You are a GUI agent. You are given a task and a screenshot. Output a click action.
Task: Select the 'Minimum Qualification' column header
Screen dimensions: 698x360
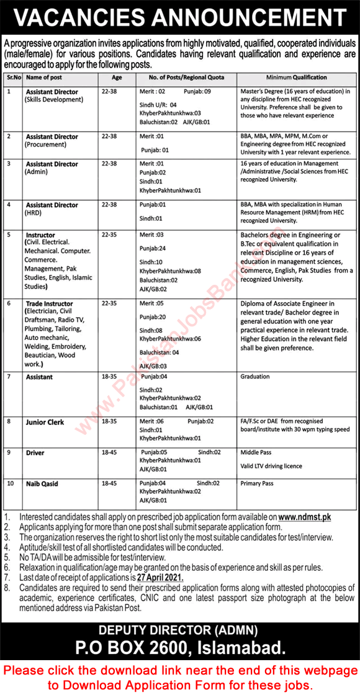tap(296, 77)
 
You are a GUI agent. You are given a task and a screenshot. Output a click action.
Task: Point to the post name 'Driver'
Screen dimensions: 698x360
tap(35, 453)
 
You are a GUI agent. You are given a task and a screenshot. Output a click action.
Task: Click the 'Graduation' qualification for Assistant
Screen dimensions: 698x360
tap(256, 376)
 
